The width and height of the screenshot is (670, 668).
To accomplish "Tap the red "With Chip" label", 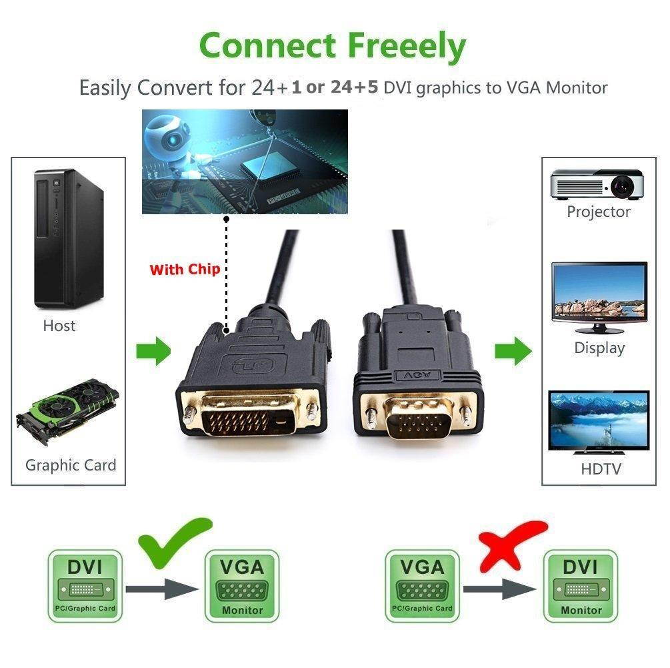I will [x=184, y=270].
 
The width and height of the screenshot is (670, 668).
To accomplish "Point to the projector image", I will [x=597, y=184].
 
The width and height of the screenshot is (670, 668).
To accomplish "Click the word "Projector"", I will [x=598, y=212].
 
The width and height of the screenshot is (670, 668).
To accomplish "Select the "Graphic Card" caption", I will [x=71, y=465].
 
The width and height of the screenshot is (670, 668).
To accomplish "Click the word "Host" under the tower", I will [x=59, y=326].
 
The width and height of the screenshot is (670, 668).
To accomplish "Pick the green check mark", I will [x=175, y=541].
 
